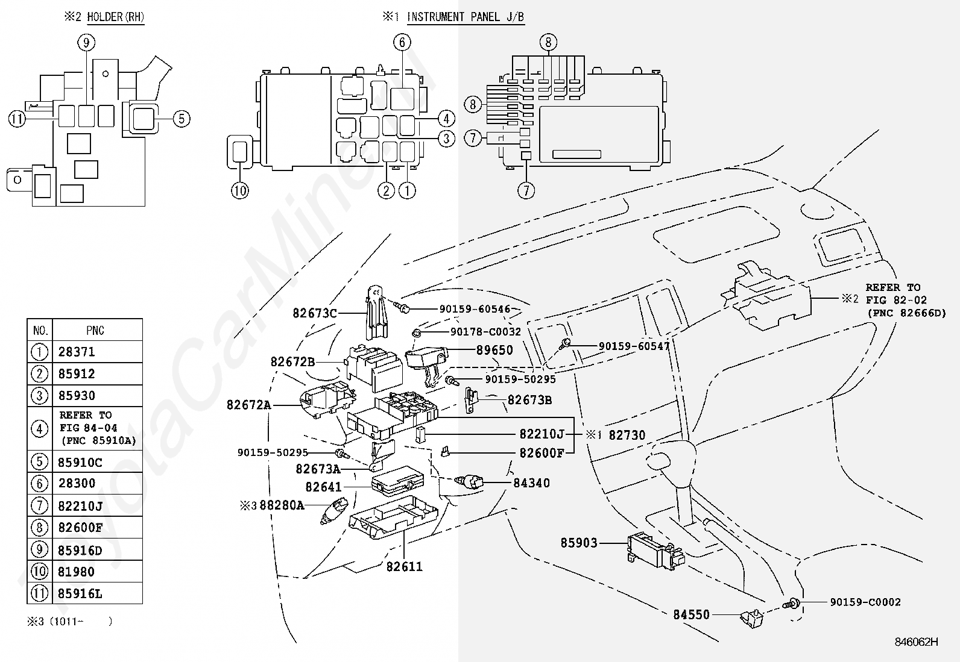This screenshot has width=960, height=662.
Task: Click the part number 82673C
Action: click(315, 313)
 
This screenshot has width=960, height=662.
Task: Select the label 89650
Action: click(495, 350)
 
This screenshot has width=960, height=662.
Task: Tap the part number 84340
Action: click(531, 483)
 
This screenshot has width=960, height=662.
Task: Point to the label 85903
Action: click(579, 543)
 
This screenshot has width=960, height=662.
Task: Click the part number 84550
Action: click(691, 615)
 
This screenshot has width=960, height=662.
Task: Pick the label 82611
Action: click(405, 566)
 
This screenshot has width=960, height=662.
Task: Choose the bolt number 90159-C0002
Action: click(865, 602)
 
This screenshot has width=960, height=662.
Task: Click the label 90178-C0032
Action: click(485, 332)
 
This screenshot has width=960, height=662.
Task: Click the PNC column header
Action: click(95, 330)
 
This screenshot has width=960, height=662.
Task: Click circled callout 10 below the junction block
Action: click(240, 190)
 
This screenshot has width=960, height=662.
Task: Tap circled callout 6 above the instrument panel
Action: click(402, 42)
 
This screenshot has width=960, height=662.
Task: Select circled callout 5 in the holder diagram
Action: click(182, 119)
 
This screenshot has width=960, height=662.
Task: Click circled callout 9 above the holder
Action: click(86, 42)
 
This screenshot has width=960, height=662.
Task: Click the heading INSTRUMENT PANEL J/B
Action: click(466, 17)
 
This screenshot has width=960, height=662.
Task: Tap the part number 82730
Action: click(627, 435)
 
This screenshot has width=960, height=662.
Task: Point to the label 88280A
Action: click(282, 505)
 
